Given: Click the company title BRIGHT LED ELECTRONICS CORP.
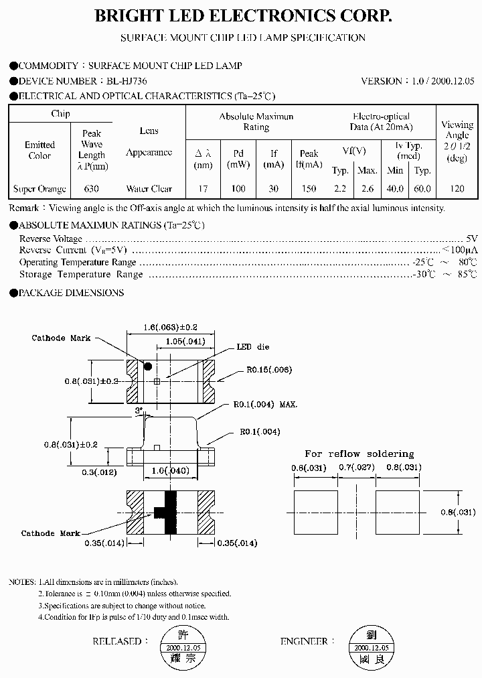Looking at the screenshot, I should (x=242, y=17).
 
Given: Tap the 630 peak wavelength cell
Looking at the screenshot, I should (x=92, y=189).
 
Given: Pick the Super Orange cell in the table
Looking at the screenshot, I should (x=39, y=189).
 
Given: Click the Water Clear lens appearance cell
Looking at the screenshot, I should (x=149, y=189).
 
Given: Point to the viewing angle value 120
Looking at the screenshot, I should (x=457, y=189).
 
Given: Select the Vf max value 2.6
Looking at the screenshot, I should (x=367, y=189).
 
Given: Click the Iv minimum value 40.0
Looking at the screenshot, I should (x=395, y=189).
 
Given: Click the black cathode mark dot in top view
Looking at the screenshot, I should (x=148, y=366).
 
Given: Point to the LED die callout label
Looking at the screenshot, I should (x=254, y=347).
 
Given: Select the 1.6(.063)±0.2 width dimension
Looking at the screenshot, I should (x=171, y=327).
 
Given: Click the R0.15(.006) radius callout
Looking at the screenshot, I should (x=268, y=370).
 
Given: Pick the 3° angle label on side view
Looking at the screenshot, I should (x=139, y=409).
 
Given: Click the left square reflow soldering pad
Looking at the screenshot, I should (x=315, y=512).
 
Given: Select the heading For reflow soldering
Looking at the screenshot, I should (x=359, y=454).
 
